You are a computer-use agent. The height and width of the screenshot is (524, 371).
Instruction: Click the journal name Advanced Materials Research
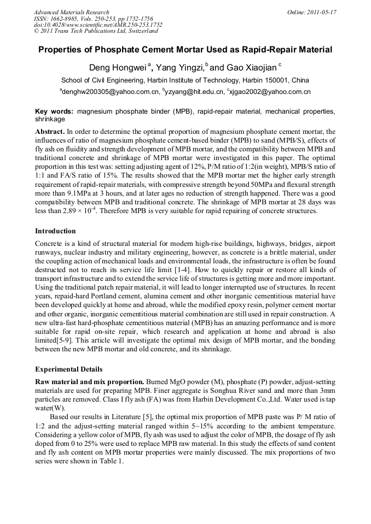pos(71,12)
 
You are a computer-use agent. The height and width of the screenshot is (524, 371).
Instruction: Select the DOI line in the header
pos(98,25)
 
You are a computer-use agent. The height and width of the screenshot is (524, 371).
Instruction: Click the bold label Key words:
pos(54,111)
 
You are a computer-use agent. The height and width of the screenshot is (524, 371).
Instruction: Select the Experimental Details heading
pos(68,370)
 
